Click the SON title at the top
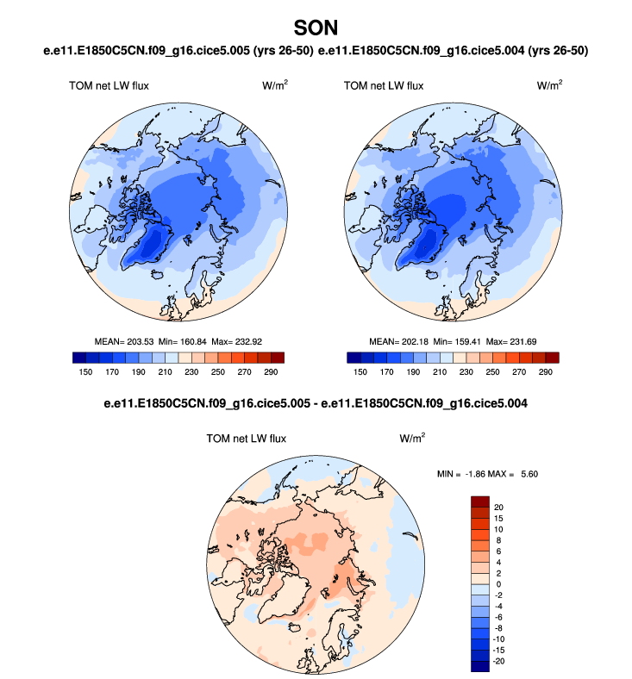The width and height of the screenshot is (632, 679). (x=316, y=28)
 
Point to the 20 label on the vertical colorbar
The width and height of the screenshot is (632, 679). (x=499, y=507)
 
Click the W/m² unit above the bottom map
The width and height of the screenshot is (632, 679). (x=411, y=438)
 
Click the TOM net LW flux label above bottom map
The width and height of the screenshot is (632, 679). (x=246, y=438)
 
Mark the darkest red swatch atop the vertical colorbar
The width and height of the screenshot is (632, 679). (x=480, y=501)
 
